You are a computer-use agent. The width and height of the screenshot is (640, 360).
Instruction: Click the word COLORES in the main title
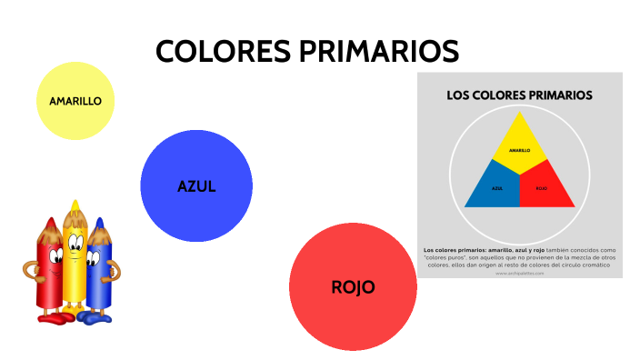pos(223,51)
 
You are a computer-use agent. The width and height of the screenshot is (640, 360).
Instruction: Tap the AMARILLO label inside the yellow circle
pos(75,101)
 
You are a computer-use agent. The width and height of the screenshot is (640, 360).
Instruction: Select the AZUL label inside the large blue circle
pos(196,186)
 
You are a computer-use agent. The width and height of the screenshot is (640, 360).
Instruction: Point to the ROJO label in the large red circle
pos(353,287)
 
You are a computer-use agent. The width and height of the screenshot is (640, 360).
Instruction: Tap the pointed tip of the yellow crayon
pos(75,205)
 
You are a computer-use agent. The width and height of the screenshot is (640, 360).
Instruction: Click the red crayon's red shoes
pos(55,317)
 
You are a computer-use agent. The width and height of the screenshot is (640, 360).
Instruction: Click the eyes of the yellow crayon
pos(75,241)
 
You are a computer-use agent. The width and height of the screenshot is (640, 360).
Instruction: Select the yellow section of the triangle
pos(519,145)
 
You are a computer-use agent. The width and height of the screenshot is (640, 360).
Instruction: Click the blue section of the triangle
pos(494,187)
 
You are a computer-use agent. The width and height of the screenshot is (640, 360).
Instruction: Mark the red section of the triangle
pos(544,187)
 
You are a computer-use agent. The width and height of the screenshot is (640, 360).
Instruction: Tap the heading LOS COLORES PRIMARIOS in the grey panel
pos(519,95)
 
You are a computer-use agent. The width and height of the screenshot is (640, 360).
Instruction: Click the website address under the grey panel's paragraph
pos(519,273)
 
